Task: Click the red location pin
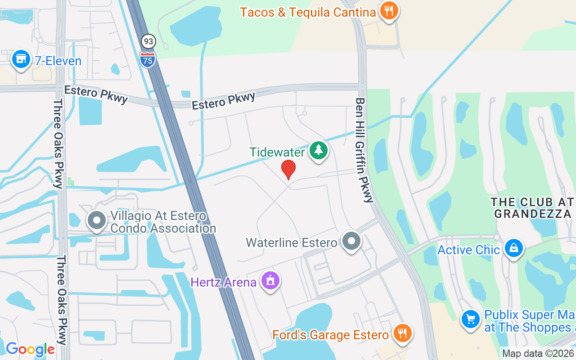[x=288, y=170]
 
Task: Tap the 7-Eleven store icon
[x=21, y=59]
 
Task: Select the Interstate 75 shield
[x=148, y=59]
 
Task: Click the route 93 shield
[x=148, y=42]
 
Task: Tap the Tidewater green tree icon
[x=319, y=150]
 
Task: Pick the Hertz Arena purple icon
[x=270, y=281]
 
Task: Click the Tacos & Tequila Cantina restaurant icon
[x=388, y=10]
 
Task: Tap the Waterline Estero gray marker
[x=351, y=241]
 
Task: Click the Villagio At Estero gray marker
[x=96, y=220]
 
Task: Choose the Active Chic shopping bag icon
[x=513, y=248]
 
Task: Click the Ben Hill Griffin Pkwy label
[x=364, y=150]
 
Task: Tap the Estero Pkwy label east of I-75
[x=224, y=101]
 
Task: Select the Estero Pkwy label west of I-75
[x=96, y=94]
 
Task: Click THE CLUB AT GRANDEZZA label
[x=533, y=207]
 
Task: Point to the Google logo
[x=30, y=349]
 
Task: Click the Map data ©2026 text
[x=538, y=354]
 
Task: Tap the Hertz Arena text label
[x=223, y=283]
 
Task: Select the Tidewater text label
[x=277, y=152]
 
